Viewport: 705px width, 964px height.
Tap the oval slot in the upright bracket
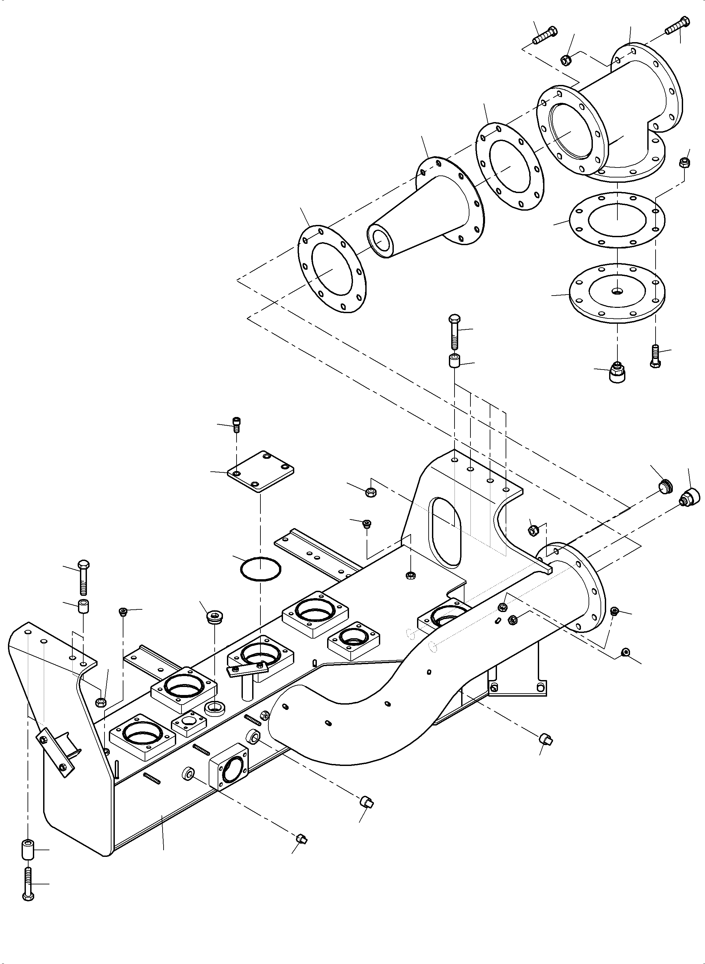[x=447, y=531]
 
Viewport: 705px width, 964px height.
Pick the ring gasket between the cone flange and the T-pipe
[x=510, y=167]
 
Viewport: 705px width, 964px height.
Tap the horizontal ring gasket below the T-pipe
[x=617, y=220]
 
